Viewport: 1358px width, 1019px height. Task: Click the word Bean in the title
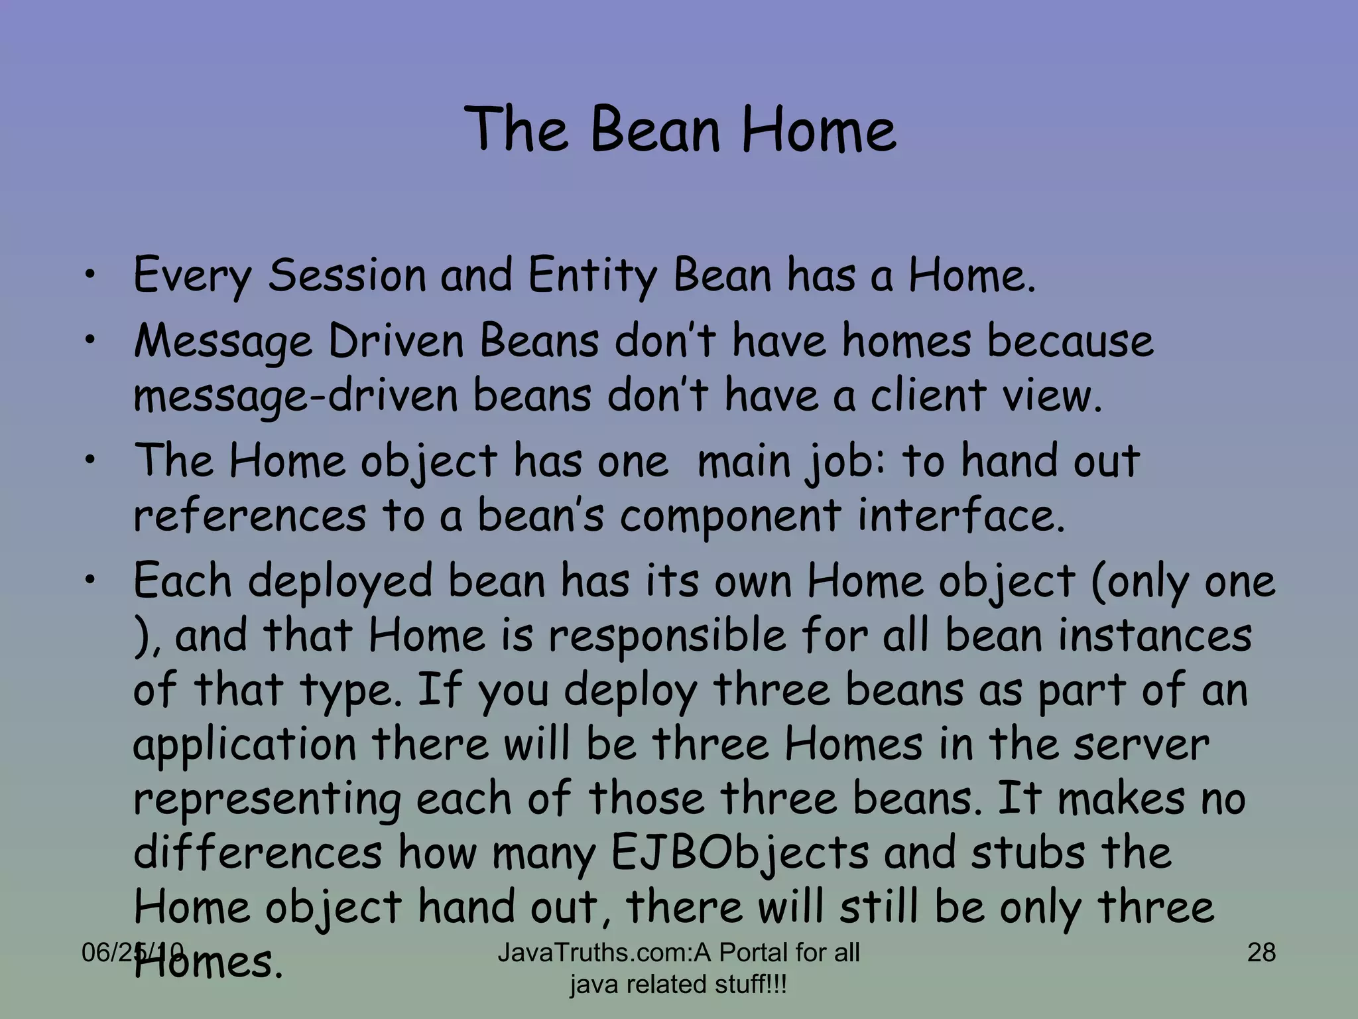pos(654,129)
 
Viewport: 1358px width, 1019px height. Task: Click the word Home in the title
pos(818,129)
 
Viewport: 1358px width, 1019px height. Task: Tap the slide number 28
pos(1261,953)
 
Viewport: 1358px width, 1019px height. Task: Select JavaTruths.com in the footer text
pos(594,953)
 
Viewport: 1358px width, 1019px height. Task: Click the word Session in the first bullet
pos(346,275)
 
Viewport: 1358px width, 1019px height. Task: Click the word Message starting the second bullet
pos(223,342)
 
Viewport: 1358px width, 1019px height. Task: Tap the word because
pos(1070,341)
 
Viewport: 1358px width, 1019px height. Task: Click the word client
pos(928,396)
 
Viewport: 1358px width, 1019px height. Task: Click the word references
pos(249,515)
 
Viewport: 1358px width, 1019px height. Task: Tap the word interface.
pos(961,515)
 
